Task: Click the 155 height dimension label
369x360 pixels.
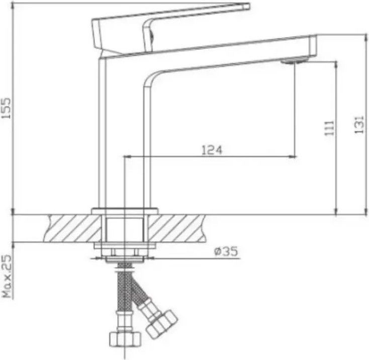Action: pyautogui.click(x=6, y=108)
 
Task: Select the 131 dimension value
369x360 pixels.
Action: pyautogui.click(x=359, y=125)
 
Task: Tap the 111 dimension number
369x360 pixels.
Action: pyautogui.click(x=329, y=128)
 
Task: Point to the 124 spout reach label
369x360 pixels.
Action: pyautogui.click(x=212, y=150)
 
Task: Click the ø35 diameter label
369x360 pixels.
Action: pyautogui.click(x=226, y=251)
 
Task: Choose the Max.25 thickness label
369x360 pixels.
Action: pyautogui.click(x=7, y=276)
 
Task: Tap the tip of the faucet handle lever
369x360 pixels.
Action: pyautogui.click(x=249, y=6)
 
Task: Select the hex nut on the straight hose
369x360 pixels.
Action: pyautogui.click(x=125, y=338)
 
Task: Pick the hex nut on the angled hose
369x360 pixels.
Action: pyautogui.click(x=161, y=324)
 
